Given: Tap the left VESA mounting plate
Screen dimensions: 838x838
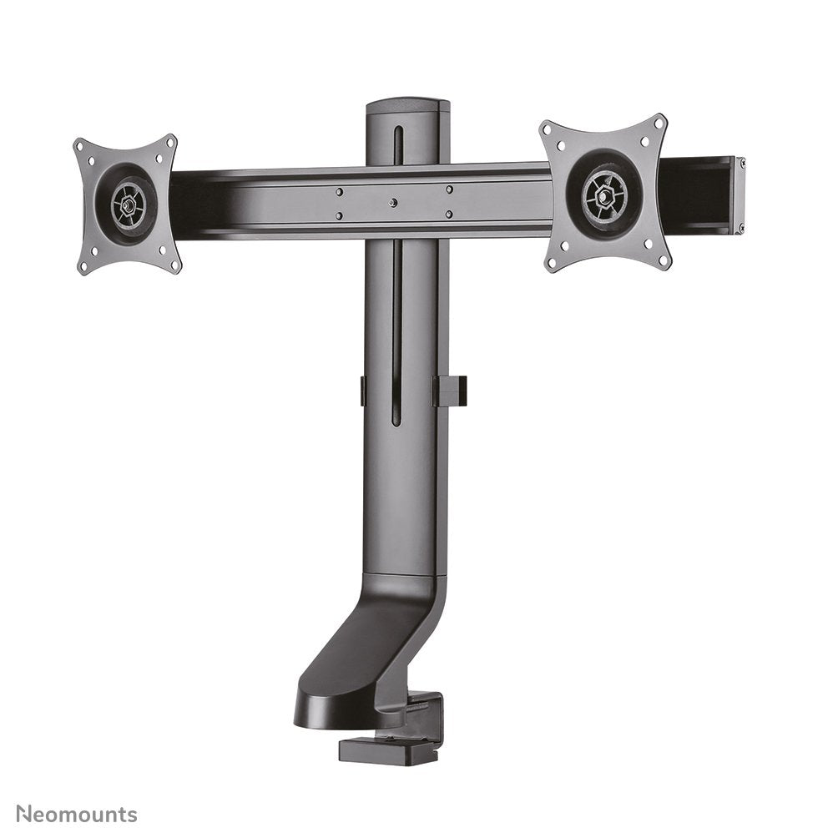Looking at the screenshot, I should [x=127, y=204].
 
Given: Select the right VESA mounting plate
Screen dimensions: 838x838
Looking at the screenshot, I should [x=605, y=193].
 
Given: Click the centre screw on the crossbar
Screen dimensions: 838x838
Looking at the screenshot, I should [x=393, y=202].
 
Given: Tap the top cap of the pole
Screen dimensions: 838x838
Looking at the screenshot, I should [x=407, y=106].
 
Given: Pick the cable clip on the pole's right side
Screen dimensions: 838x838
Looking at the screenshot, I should [x=450, y=391].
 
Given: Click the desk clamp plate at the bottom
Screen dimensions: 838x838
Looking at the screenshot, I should [x=388, y=750].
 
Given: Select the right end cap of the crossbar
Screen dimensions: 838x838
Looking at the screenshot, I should [x=739, y=194].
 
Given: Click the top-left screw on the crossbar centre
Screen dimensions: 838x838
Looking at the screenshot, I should [x=339, y=191].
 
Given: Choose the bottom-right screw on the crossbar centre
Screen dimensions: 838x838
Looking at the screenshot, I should [x=449, y=215].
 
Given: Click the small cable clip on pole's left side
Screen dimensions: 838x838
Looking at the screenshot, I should [x=363, y=391].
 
